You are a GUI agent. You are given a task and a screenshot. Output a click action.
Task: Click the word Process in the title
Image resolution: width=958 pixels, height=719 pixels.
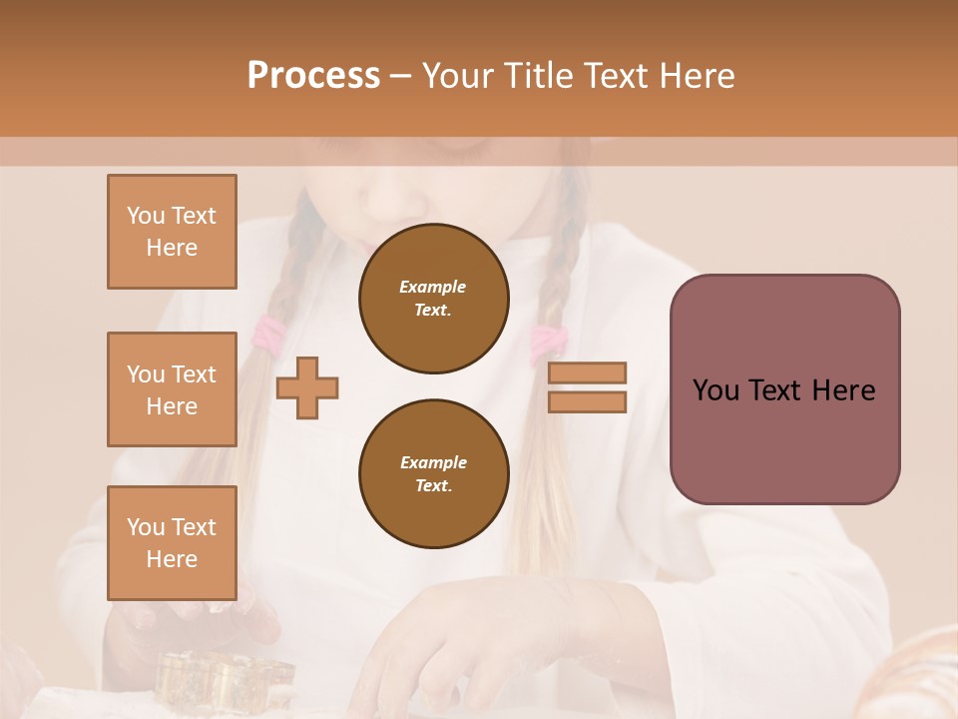(313, 76)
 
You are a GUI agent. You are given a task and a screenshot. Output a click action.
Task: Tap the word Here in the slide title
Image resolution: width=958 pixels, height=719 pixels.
(693, 76)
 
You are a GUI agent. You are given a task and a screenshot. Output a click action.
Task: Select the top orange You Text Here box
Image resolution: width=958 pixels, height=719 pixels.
(172, 232)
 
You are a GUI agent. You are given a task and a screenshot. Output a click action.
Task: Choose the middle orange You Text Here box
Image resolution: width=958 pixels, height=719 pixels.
(172, 389)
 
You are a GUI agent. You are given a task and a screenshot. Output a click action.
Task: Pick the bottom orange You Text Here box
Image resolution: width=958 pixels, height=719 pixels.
(172, 542)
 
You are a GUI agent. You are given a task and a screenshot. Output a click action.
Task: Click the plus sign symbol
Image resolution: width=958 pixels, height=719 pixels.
(307, 386)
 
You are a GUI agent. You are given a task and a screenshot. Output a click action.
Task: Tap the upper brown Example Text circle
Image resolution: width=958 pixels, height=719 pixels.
(434, 299)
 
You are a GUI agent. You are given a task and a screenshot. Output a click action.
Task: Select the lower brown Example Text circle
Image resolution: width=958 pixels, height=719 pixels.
(434, 474)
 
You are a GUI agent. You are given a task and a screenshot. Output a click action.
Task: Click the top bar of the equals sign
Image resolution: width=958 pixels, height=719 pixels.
(588, 373)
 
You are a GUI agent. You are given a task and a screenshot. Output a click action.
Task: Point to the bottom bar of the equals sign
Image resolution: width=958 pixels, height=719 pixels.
(588, 401)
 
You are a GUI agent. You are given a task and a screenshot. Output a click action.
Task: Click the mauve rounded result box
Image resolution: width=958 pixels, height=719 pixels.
(784, 389)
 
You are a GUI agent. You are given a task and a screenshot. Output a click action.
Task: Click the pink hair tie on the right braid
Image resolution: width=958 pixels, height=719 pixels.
(546, 341)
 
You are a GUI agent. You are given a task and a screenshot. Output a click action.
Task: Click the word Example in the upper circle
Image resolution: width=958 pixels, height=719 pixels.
(433, 287)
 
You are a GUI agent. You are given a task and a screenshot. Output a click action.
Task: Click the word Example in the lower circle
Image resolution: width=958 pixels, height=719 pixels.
(433, 462)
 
